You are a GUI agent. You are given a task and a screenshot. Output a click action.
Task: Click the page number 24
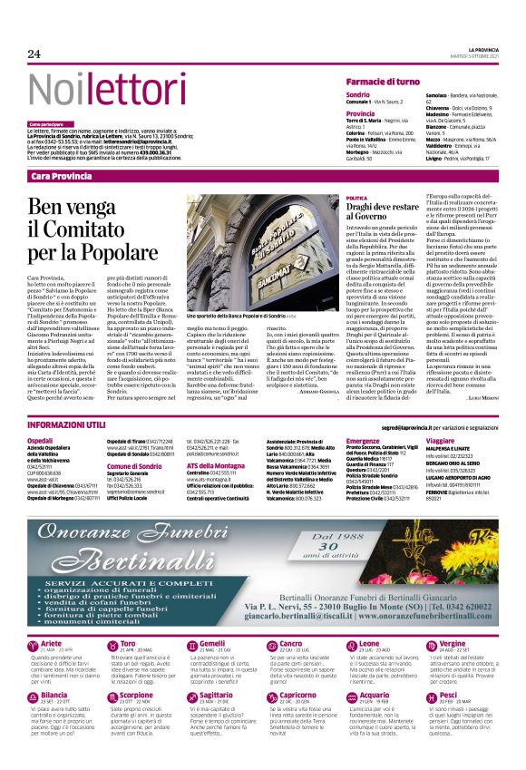coord(34,54)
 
